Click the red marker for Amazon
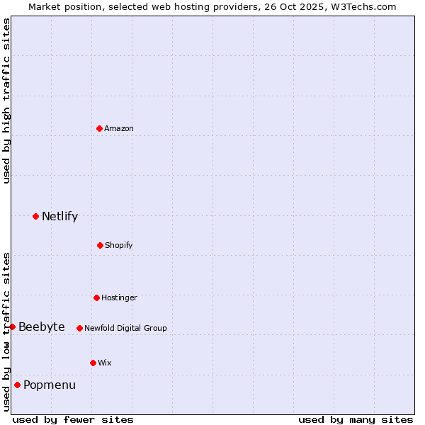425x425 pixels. tap(99, 128)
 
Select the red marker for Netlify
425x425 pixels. tap(35, 216)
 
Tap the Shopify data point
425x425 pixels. tap(100, 245)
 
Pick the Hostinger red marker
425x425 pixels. tap(96, 297)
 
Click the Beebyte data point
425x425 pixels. tap(13, 327)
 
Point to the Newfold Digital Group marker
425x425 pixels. tap(79, 328)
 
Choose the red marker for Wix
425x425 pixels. tap(93, 363)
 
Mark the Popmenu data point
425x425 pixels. tap(17, 385)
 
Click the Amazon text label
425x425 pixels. tap(119, 128)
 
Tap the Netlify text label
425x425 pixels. tap(59, 216)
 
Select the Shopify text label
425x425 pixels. tap(119, 245)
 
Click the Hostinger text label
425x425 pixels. tap(119, 297)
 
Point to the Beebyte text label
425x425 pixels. tap(42, 327)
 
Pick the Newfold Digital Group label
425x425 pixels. tap(125, 328)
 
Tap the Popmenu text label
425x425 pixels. tap(50, 385)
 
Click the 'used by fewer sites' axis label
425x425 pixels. tap(73, 419)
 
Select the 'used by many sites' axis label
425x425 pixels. tap(356, 419)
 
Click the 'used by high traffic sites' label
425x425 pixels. tap(6, 101)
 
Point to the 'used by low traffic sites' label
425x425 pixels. tap(6, 331)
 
